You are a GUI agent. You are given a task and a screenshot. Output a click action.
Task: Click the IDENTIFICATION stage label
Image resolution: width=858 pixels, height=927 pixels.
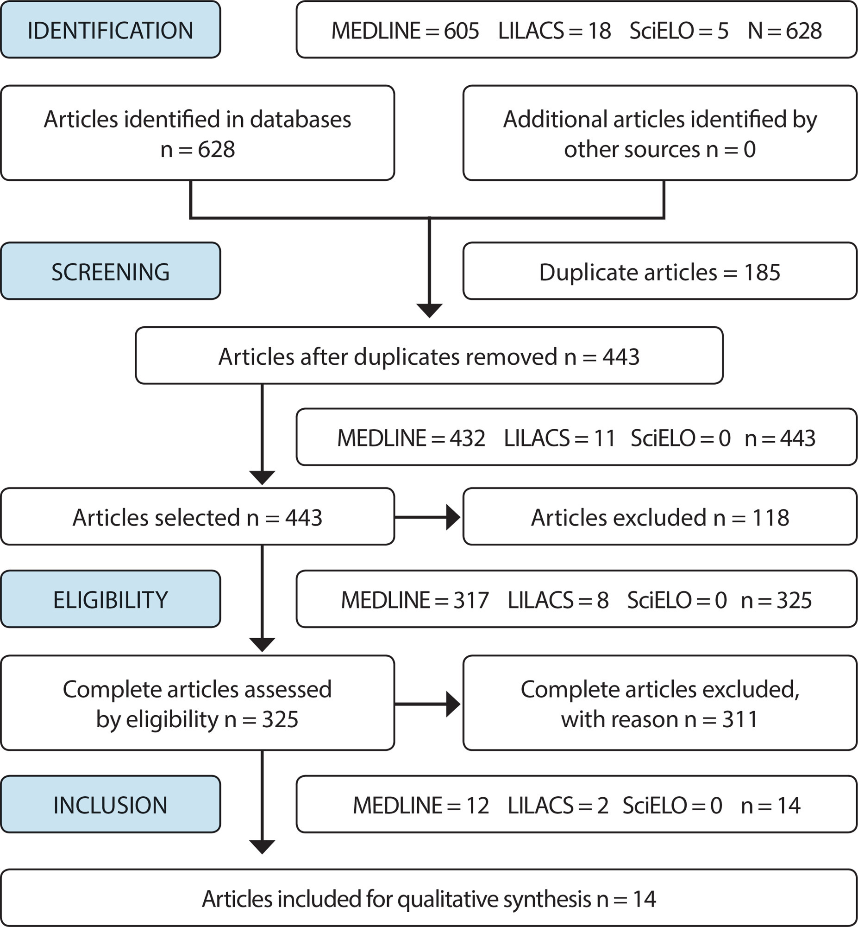111,30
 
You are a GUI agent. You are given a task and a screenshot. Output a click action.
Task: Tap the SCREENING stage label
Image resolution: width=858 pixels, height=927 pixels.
111,272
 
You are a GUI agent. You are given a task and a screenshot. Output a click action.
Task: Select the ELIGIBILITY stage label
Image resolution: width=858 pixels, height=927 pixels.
111,600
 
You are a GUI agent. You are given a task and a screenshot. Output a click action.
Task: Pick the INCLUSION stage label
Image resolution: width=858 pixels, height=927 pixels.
111,805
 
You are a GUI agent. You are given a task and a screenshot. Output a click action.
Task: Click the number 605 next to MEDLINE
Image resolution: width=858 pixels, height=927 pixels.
461,31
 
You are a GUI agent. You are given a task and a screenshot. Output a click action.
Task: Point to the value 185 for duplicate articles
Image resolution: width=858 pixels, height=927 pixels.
762,272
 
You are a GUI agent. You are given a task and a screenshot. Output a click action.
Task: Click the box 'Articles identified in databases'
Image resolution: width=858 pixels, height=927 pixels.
198,133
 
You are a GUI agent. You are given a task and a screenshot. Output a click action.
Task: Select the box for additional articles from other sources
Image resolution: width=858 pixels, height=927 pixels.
660,133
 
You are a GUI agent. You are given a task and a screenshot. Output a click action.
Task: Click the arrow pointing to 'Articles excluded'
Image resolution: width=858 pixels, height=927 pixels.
427,517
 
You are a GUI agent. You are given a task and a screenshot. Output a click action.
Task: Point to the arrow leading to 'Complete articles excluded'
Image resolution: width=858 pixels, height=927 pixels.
427,704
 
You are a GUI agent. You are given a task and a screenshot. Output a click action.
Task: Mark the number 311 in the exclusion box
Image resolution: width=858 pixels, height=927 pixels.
740,719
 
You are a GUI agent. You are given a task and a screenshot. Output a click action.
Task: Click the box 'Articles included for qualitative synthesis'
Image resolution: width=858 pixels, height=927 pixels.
429,898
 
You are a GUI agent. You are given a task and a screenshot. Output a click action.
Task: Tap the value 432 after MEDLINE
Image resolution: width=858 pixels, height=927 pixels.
467,438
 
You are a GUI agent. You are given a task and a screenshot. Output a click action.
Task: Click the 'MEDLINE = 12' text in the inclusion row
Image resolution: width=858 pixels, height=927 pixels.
420,806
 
